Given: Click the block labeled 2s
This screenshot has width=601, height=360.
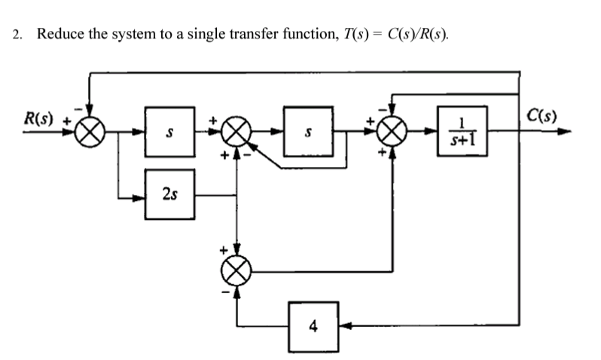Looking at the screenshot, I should tap(169, 197).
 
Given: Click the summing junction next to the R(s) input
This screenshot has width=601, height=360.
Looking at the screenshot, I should tap(90, 133).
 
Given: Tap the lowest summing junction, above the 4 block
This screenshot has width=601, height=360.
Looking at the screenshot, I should tap(238, 269).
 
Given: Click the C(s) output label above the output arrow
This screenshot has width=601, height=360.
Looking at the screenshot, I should tap(541, 116).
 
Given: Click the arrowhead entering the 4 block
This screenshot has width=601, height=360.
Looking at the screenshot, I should tap(344, 326).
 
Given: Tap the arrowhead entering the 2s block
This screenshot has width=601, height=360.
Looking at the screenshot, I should tap(139, 199).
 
